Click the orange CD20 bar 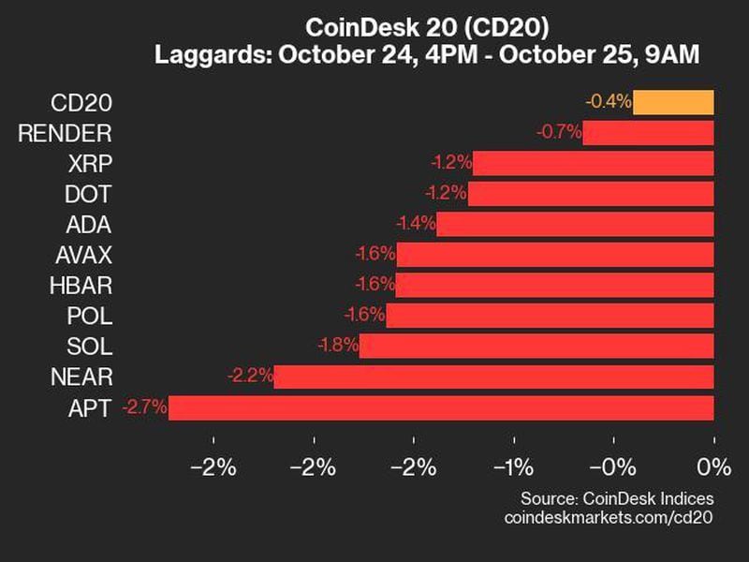tap(673, 102)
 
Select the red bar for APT tap(441, 407)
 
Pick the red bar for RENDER tap(648, 132)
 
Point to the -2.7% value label tap(144, 407)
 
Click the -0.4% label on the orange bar tap(609, 102)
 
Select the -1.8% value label tap(337, 346)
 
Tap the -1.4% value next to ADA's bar tap(415, 224)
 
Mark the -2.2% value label tap(250, 377)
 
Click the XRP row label tap(90, 163)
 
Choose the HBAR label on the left tap(83, 285)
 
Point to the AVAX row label tap(83, 255)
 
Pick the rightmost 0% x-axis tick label tap(713, 467)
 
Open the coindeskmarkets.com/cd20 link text tap(609, 518)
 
